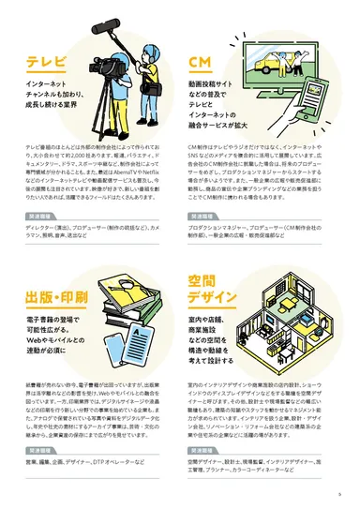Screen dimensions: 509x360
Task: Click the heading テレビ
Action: tap(47, 64)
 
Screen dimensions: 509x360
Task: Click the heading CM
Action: tap(199, 63)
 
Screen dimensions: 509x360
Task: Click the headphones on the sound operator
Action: tap(138, 46)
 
